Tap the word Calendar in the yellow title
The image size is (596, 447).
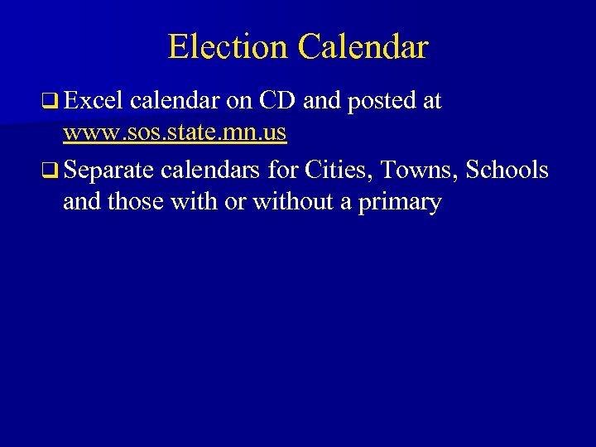[363, 47]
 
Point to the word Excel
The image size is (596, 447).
[92, 101]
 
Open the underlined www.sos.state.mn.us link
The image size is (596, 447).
[175, 132]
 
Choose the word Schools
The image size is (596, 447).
[507, 170]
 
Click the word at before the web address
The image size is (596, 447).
[430, 102]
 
